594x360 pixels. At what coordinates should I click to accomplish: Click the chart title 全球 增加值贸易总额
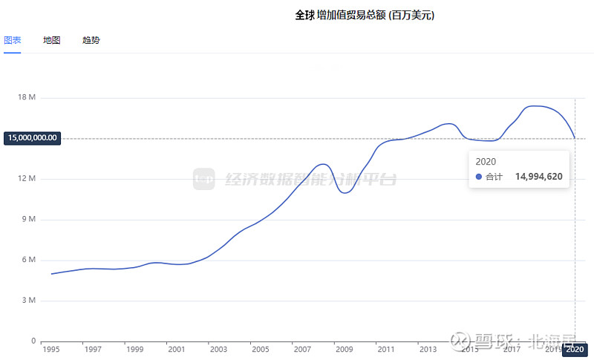pyautogui.click(x=364, y=15)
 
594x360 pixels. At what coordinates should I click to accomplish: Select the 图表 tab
pyautogui.click(x=12, y=40)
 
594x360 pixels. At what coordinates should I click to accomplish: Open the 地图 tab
pyautogui.click(x=51, y=40)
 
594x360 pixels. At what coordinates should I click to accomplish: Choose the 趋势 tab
pyautogui.click(x=91, y=40)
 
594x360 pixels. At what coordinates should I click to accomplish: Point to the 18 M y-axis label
pyautogui.click(x=27, y=98)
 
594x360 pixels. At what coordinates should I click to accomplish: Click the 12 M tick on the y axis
pyautogui.click(x=27, y=179)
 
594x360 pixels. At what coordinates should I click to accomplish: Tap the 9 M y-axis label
pyautogui.click(x=30, y=220)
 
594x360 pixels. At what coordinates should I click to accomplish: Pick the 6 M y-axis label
pyautogui.click(x=30, y=260)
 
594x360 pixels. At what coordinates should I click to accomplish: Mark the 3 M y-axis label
pyautogui.click(x=30, y=301)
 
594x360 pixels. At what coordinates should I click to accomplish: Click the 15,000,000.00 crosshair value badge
pyautogui.click(x=31, y=138)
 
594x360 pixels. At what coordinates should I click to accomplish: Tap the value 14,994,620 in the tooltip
pyautogui.click(x=538, y=177)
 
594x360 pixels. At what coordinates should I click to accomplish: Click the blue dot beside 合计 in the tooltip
pyautogui.click(x=479, y=177)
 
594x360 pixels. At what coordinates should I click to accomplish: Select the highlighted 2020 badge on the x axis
pyautogui.click(x=575, y=350)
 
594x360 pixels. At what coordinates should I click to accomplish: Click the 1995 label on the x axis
pyautogui.click(x=51, y=349)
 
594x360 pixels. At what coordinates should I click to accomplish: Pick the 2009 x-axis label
pyautogui.click(x=344, y=349)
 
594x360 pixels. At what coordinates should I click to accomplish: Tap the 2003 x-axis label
pyautogui.click(x=218, y=349)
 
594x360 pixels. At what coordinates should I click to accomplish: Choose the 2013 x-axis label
pyautogui.click(x=427, y=349)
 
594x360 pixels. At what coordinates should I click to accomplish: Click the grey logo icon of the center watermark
pyautogui.click(x=203, y=179)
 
